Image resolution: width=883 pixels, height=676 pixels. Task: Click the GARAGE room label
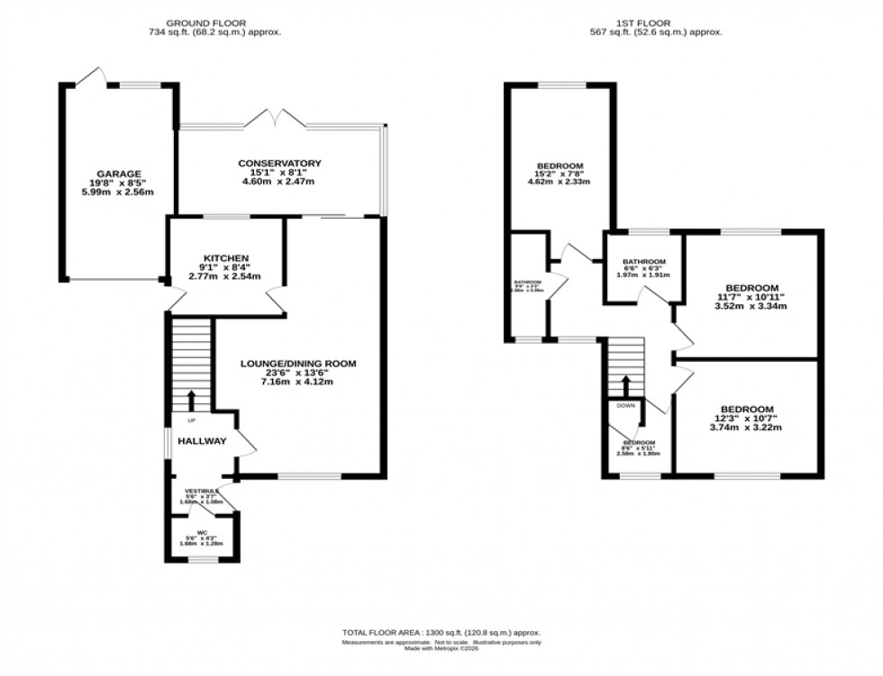coord(114,174)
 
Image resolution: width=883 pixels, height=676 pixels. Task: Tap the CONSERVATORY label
coord(279,163)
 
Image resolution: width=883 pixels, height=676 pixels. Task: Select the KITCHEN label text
coord(226,258)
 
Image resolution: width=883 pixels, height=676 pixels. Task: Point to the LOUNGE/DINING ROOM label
coord(298,364)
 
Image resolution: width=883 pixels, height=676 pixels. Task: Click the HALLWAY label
coord(202,441)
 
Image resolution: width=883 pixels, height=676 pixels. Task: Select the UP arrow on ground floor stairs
coord(191,400)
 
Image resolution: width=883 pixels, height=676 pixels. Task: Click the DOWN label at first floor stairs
coord(625,406)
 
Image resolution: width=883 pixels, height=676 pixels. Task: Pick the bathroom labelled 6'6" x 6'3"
coord(644,263)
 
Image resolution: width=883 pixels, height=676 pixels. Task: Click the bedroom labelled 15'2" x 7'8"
coord(560,167)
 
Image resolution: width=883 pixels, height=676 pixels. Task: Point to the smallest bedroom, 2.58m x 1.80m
coord(638,447)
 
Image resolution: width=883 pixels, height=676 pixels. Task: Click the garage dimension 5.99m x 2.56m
coord(114,192)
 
